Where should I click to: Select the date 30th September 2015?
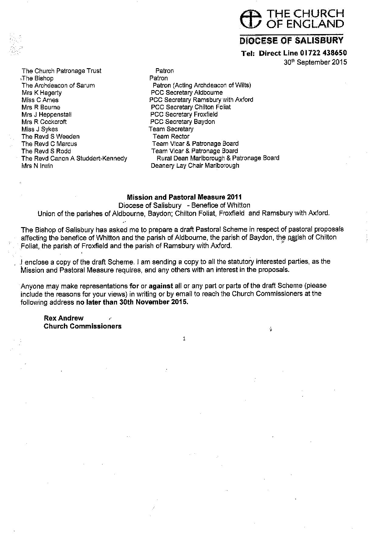[x=315, y=62]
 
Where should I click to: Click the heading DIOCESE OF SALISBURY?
[x=292, y=40]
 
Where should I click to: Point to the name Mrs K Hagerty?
[x=42, y=93]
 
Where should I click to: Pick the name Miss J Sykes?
[x=40, y=129]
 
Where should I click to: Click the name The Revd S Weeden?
[x=50, y=136]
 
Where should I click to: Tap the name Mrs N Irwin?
[x=37, y=166]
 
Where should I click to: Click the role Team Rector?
[x=171, y=136]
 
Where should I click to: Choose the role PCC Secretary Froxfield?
[x=184, y=114]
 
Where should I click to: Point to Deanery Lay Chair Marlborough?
[x=195, y=166]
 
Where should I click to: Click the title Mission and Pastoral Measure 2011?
[x=184, y=197]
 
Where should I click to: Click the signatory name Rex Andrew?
[x=64, y=318]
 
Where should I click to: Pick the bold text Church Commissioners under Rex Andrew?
[x=83, y=326]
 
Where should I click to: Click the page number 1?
[x=184, y=338]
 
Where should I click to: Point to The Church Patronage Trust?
[x=61, y=71]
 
